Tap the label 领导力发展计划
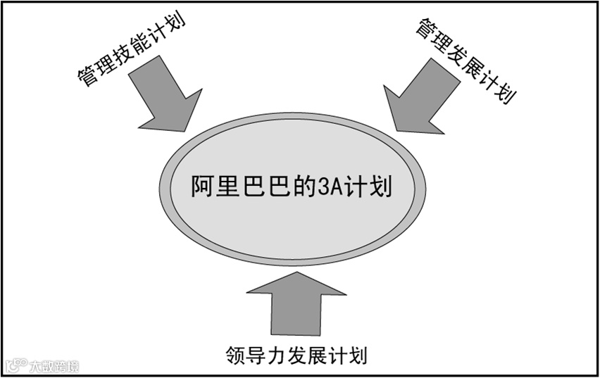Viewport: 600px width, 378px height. coord(297,354)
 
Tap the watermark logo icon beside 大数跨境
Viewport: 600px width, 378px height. coord(15,366)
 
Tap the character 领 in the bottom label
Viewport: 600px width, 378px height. coord(237,354)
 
